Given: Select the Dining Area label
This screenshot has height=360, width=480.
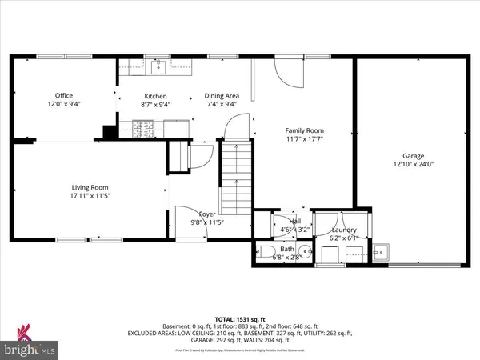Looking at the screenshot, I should (x=221, y=95).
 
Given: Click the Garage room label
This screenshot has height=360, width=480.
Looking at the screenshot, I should (x=414, y=155).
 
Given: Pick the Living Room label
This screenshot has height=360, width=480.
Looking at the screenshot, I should (x=88, y=186).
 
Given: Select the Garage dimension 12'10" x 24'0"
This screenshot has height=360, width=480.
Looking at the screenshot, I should (x=414, y=164).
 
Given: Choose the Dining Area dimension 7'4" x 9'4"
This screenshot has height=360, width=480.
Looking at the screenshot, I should (x=221, y=104).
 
